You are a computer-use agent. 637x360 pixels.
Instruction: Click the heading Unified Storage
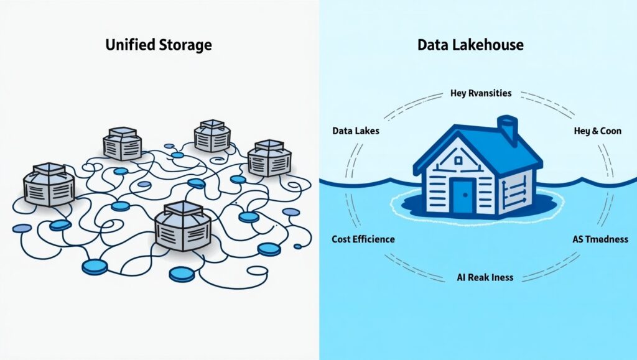158,45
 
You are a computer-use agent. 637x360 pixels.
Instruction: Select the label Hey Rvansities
481,93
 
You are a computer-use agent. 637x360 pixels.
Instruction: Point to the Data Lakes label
356,131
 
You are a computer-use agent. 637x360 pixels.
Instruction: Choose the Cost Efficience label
363,239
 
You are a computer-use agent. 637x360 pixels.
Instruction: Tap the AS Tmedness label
600,239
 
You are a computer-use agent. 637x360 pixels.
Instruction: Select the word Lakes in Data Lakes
367,131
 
